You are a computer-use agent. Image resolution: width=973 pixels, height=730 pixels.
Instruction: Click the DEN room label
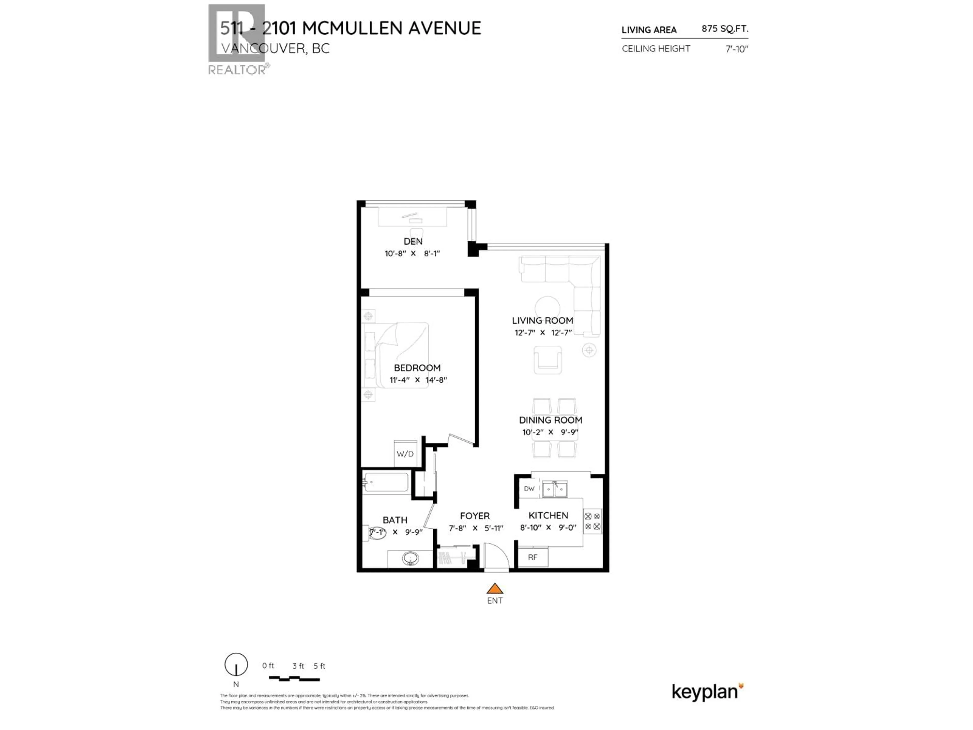coord(413,241)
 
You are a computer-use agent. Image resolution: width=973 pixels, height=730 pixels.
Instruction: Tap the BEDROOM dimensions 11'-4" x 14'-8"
coord(417,380)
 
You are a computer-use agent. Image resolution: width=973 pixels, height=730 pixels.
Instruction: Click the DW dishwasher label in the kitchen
coord(529,488)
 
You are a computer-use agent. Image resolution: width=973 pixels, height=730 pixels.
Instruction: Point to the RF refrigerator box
coord(532,557)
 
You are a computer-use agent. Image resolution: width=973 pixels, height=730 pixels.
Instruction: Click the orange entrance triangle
coord(494,589)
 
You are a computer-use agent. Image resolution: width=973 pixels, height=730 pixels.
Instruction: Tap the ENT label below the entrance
coord(494,601)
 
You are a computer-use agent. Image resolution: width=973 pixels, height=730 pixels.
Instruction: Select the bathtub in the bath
coord(386,482)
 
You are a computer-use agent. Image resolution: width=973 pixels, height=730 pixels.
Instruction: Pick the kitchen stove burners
coord(592,521)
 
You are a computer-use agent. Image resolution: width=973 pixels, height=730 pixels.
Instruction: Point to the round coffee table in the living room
coord(547,307)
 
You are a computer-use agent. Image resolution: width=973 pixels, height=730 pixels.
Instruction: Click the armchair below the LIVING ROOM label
coord(547,360)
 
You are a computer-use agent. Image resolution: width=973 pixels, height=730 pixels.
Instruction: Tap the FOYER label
coord(475,516)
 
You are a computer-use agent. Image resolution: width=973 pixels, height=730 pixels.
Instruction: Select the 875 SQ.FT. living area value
coord(724,29)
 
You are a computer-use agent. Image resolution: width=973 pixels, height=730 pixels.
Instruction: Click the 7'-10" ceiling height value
coord(737,49)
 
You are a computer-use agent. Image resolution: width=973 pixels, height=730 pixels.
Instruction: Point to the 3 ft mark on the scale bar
coord(298,666)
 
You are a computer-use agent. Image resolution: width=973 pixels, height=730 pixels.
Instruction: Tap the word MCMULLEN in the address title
coord(352,28)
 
